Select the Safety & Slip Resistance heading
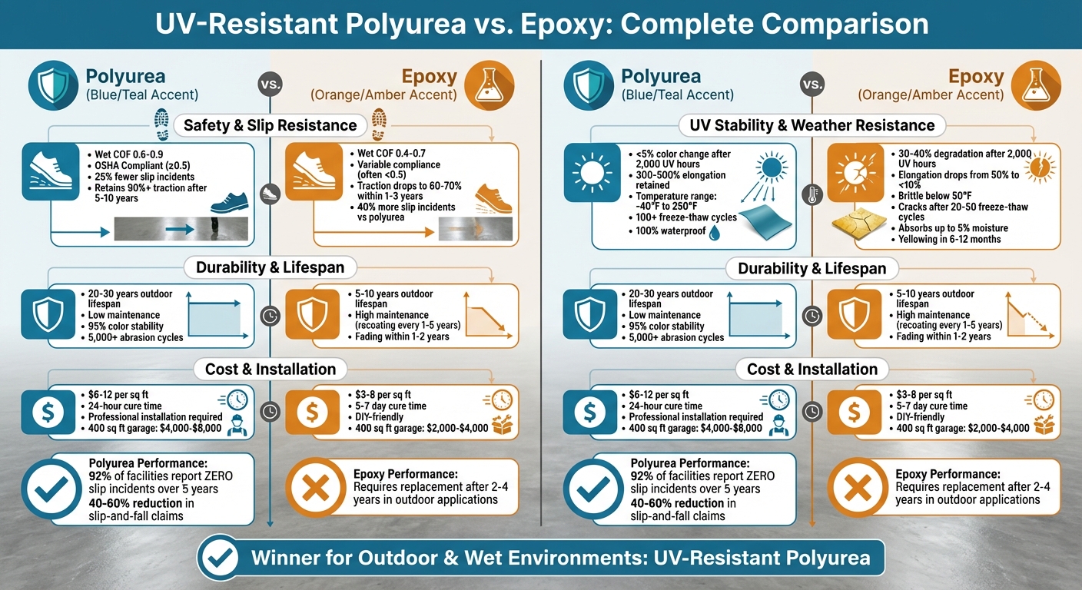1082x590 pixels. (x=270, y=125)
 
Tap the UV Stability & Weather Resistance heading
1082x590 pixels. (x=807, y=125)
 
